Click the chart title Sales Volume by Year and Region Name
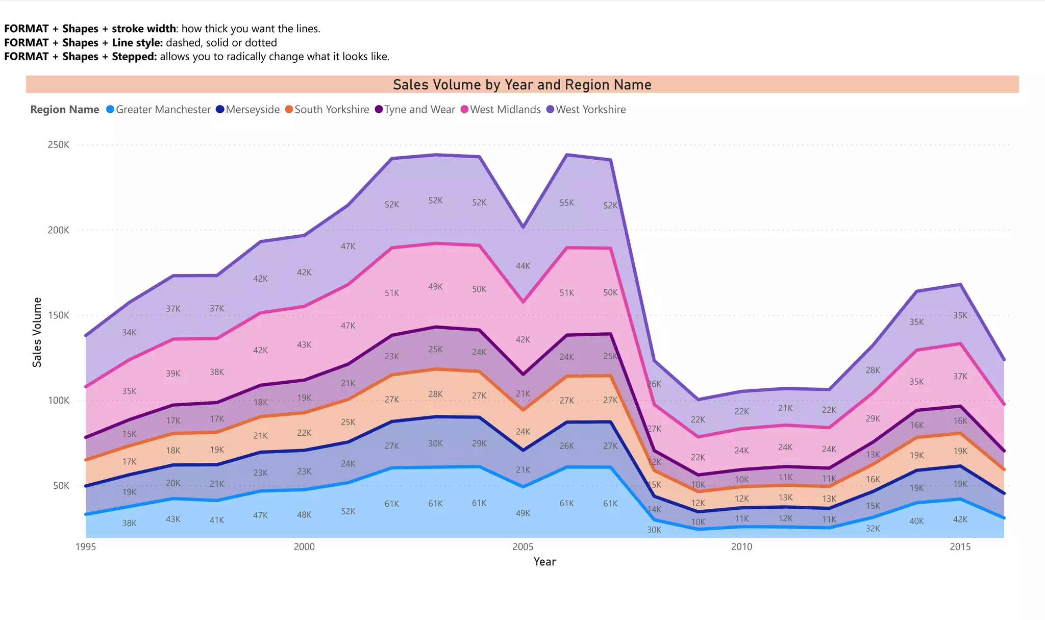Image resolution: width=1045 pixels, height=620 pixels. pos(522,85)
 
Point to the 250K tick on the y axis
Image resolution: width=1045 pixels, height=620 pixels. pos(59,145)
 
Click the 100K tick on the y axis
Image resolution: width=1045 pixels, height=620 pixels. pos(59,401)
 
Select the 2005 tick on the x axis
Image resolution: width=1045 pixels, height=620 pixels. pos(522,547)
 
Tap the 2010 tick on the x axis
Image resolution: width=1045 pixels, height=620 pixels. pos(741,547)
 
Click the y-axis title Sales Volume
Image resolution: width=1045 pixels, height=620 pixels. pos(37,332)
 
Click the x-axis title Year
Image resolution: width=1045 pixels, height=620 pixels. pos(544,562)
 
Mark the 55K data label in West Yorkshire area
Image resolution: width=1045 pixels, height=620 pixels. pos(566,203)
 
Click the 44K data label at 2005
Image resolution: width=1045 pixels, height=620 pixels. pos(522,266)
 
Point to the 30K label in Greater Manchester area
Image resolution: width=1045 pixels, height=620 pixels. pos(654,530)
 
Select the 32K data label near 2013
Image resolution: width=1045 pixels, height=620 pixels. pos(873,529)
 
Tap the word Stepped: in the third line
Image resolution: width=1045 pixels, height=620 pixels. pos(134,57)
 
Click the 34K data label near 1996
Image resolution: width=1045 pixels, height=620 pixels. pos(129,333)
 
